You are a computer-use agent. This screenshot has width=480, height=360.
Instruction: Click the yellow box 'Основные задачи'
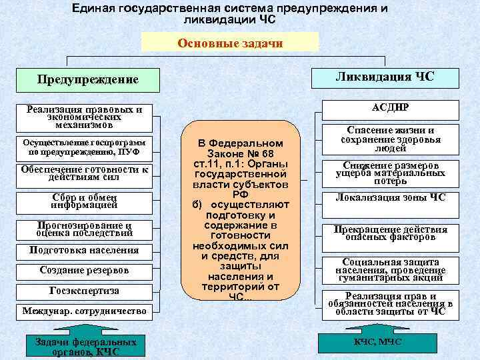point(231,43)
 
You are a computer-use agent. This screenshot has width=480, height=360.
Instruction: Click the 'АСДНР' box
point(391,108)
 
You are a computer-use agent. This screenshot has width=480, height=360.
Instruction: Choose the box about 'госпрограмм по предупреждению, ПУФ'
point(85,146)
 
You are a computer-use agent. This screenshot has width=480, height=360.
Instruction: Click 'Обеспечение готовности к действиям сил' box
point(85,173)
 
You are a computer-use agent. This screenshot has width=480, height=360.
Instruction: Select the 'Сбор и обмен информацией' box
point(85,201)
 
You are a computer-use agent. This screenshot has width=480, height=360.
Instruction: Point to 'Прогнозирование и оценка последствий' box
point(85,229)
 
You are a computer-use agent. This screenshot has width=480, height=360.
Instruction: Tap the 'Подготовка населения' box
point(85,251)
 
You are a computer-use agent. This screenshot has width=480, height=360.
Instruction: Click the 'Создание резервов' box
point(85,271)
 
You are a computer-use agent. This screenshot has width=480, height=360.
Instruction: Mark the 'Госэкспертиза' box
point(85,291)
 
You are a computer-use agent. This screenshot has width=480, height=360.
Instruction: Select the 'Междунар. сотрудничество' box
point(85,311)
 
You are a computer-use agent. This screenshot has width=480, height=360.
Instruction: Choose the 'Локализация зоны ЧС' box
point(391,198)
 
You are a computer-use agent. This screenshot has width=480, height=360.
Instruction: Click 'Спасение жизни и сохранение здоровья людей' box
point(391,139)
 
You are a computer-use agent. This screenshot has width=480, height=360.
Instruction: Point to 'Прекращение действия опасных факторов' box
point(391,233)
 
